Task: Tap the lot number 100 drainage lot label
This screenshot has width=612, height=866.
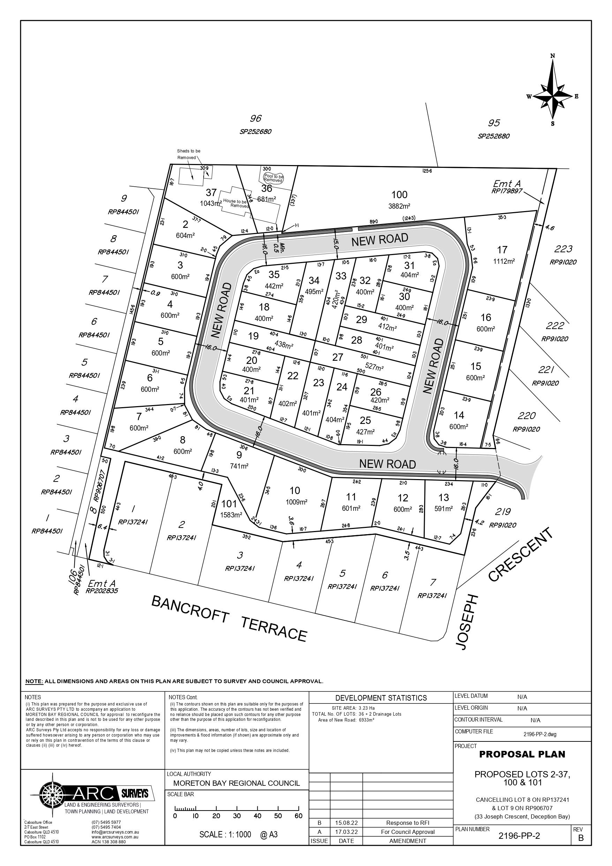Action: coord(399,195)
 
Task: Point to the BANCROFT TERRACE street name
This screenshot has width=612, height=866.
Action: coord(229,618)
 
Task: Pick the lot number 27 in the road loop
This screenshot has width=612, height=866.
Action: coord(338,357)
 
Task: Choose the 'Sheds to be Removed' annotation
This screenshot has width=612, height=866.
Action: coord(189,154)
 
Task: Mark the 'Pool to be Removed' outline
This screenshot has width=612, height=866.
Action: coord(273,178)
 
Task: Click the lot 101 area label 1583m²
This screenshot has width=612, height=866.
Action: coord(231,515)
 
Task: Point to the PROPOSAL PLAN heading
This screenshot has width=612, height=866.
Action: coord(522,754)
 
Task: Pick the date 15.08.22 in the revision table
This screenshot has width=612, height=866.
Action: coord(346,823)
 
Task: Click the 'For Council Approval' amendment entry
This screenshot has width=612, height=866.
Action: coord(408,832)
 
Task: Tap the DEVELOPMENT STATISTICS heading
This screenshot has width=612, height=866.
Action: coord(381,698)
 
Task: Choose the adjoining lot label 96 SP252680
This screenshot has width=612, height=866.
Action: coord(255,125)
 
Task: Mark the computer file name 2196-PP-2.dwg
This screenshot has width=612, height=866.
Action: coord(539,734)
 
